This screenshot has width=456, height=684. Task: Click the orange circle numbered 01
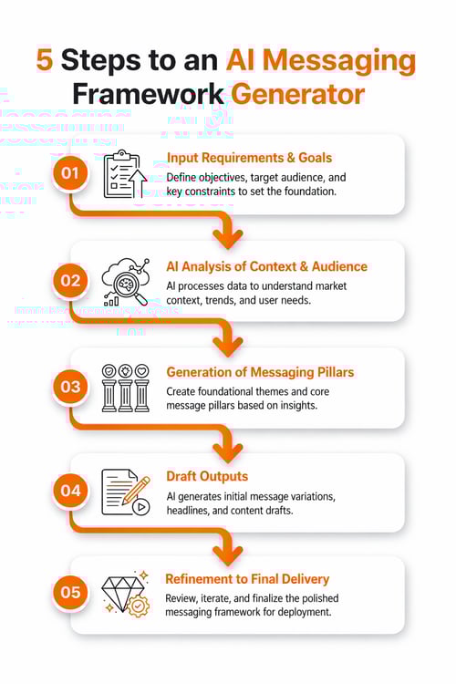click(x=69, y=171)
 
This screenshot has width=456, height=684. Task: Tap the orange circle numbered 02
click(x=69, y=280)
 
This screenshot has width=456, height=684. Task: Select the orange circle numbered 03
click(x=69, y=387)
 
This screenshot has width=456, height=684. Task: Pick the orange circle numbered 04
click(x=69, y=491)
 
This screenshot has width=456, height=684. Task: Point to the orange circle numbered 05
click(x=69, y=593)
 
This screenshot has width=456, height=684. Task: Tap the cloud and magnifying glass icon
click(x=123, y=280)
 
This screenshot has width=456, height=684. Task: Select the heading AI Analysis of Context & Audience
click(x=266, y=266)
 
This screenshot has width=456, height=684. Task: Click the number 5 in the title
click(x=44, y=60)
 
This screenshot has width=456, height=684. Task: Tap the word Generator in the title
click(x=297, y=95)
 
